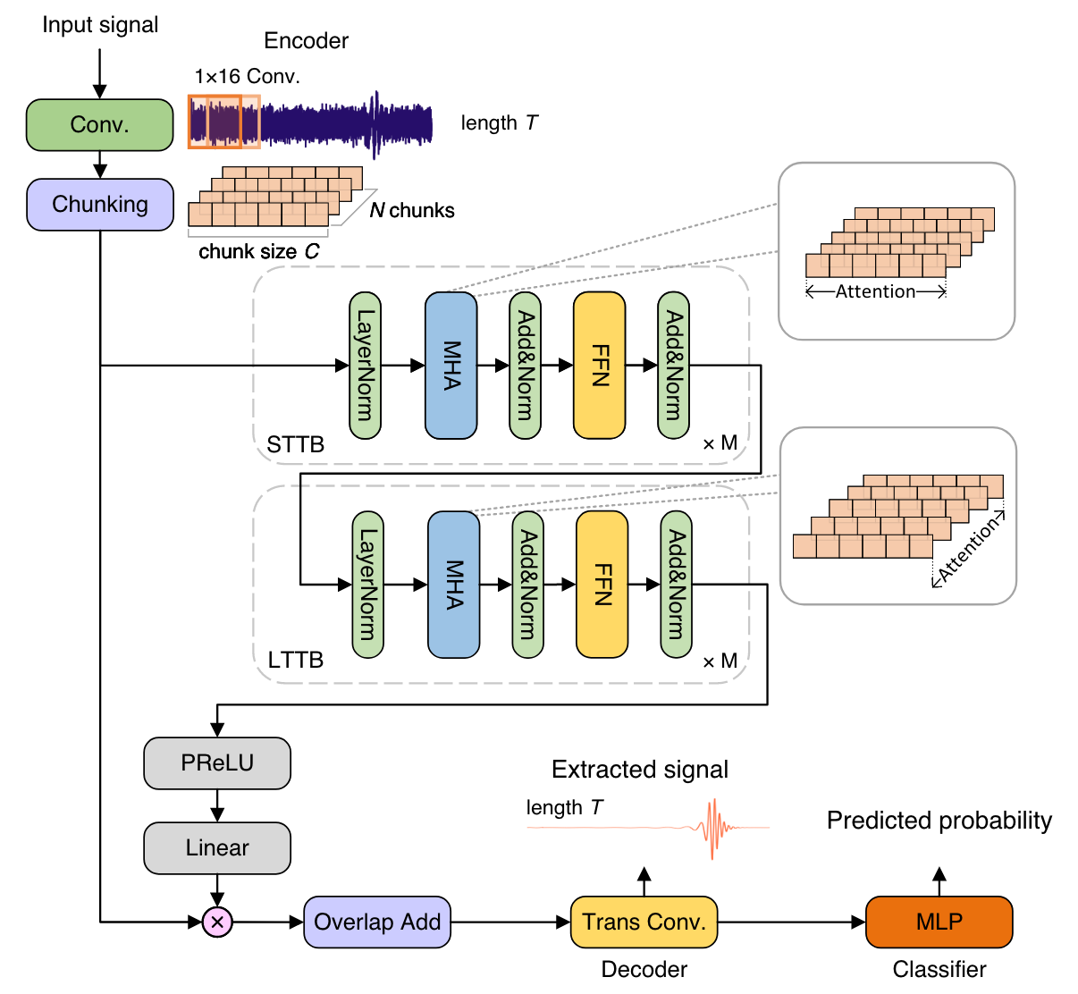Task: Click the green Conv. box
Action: coord(99,124)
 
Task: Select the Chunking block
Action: coord(100,204)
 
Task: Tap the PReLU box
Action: coord(217,762)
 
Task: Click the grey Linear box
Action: coord(217,847)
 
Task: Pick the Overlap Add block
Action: coord(377,922)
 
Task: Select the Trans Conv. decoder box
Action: coord(644,922)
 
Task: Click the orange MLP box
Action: coord(939,922)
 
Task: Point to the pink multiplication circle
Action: coord(217,922)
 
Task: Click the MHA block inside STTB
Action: coord(451,366)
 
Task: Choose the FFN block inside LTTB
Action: coord(602,585)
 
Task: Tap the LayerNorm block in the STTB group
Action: coord(365,366)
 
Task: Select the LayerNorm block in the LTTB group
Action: coord(367,585)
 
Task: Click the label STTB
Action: coord(296,444)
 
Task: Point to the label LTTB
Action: coord(296,661)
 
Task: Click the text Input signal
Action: coord(100,25)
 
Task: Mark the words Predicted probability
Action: coord(939,821)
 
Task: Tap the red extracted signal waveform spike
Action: coord(712,828)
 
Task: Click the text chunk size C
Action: coord(258,252)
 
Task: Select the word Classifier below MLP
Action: coord(939,969)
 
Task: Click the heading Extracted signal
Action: coord(639,770)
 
